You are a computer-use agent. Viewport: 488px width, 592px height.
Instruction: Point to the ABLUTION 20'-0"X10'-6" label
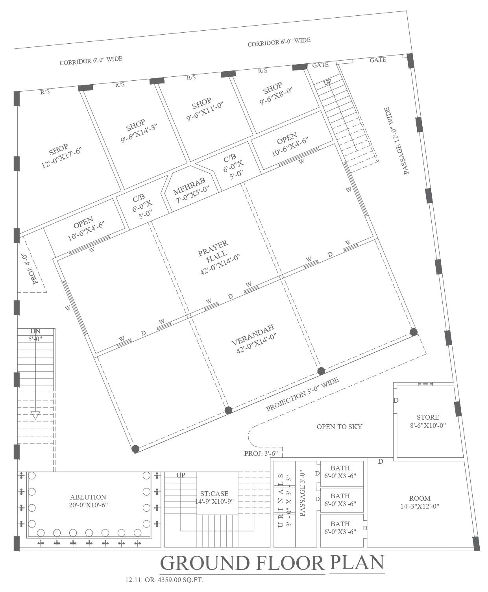point(88,501)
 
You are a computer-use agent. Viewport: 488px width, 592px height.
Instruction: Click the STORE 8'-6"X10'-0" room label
point(428,421)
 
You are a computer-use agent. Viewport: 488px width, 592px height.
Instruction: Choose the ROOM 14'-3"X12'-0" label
point(420,502)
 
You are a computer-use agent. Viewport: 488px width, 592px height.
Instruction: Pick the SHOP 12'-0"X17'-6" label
point(61,156)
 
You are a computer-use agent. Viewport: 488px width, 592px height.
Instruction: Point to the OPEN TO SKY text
point(339,427)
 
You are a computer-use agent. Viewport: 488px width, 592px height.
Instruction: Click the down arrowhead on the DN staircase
point(35,415)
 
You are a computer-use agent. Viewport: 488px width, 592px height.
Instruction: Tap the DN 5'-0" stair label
point(35,335)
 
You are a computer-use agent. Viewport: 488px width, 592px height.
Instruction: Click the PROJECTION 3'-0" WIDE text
point(302,394)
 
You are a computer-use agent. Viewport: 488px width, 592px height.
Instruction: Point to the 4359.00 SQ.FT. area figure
point(181,580)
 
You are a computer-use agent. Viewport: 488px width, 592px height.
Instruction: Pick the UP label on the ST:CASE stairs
point(181,475)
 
